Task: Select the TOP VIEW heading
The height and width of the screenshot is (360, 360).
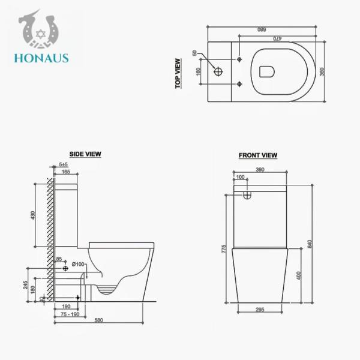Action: coord(178,74)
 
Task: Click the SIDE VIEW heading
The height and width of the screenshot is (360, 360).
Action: coord(86,154)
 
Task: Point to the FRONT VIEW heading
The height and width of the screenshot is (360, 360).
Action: coord(258,155)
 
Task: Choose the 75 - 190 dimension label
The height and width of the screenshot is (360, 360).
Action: coord(70,313)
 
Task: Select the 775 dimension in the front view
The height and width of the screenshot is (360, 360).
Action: coord(223,248)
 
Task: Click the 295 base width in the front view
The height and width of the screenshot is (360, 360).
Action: coord(259,309)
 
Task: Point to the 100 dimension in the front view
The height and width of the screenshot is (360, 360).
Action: coord(241,178)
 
